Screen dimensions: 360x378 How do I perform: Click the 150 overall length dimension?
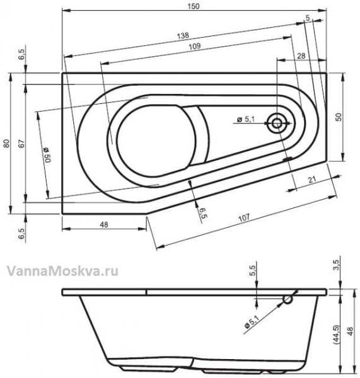tap(194, 6)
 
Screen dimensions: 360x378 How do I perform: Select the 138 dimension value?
tap(183, 36)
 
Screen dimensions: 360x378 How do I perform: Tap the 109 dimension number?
tap(195, 46)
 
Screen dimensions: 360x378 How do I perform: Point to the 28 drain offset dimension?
tap(301, 56)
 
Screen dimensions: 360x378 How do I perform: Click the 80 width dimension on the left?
tap(7, 144)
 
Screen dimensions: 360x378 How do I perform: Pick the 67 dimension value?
tap(21, 144)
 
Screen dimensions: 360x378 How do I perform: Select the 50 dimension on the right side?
tap(339, 117)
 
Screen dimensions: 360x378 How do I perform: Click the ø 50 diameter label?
tap(47, 154)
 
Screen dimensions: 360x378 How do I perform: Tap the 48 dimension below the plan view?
tap(104, 225)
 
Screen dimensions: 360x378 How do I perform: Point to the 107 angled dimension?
tap(244, 218)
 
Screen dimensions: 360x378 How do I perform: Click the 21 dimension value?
tap(312, 180)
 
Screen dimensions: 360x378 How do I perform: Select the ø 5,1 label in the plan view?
tap(246, 119)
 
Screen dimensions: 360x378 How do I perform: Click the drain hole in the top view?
tap(277, 123)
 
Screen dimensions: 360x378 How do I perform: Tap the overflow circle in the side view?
tap(287, 299)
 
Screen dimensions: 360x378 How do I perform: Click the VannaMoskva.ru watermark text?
tap(62, 271)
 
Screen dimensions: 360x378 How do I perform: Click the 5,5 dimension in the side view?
tap(253, 270)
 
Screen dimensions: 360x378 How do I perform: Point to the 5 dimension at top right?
tap(308, 18)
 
